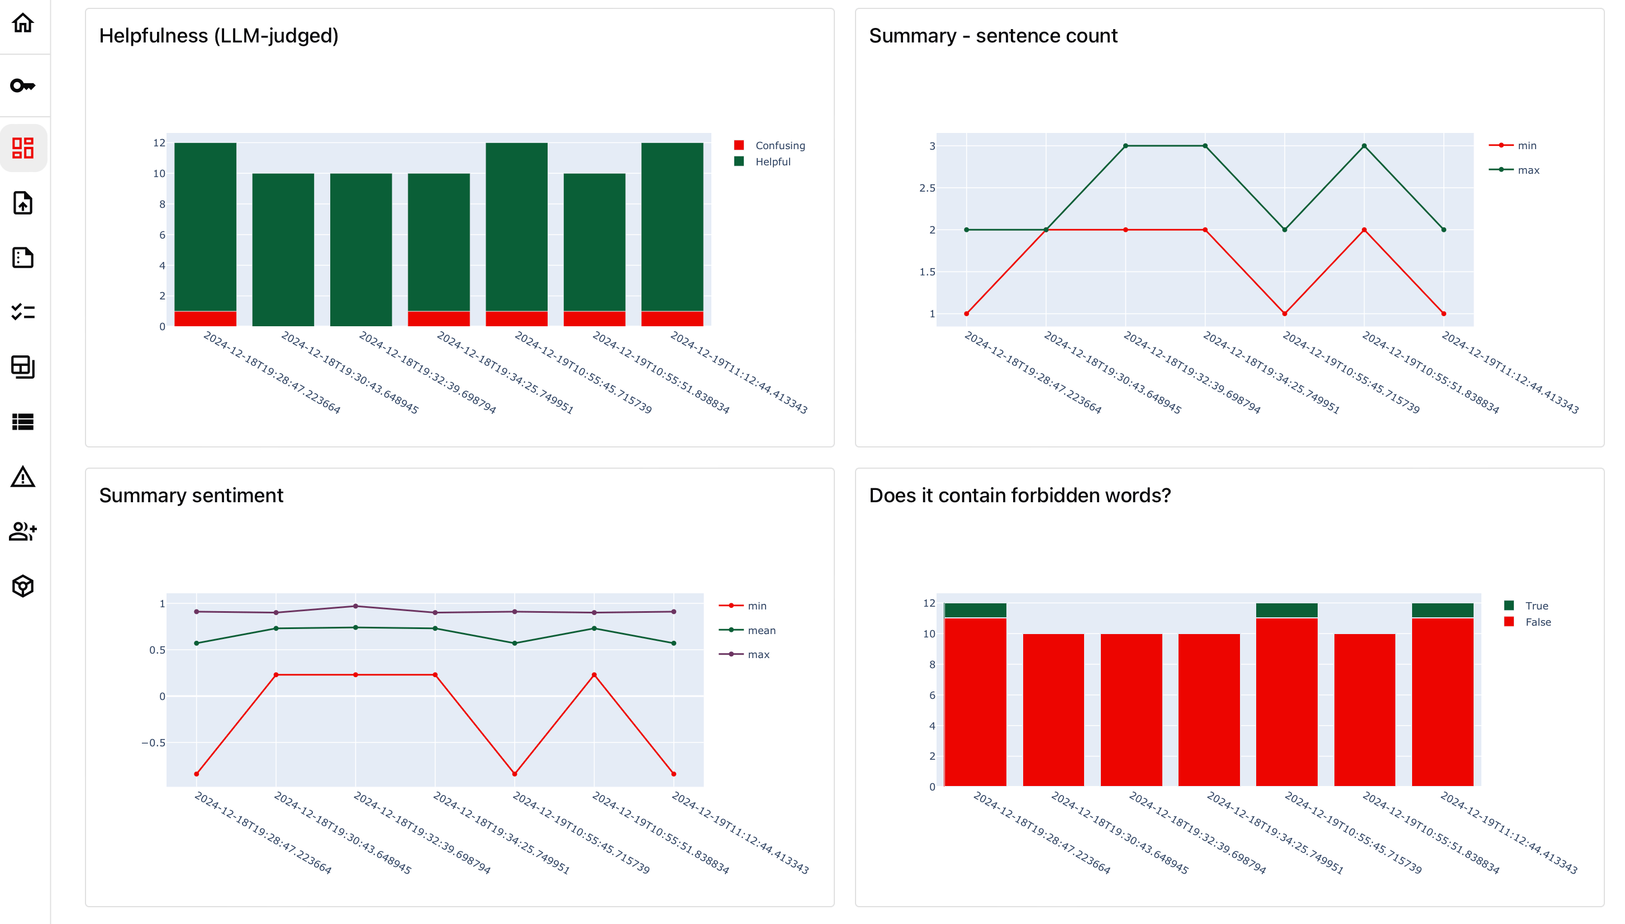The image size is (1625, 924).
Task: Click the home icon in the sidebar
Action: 23,23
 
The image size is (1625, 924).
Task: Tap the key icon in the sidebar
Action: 23,85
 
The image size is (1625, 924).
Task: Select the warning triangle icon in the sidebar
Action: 23,477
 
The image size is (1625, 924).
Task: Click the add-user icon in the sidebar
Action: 23,531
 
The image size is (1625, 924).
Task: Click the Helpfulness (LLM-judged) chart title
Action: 218,36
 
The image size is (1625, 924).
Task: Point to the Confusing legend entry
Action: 780,145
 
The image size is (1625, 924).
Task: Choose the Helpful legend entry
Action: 772,162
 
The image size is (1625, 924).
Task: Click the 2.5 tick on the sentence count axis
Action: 926,188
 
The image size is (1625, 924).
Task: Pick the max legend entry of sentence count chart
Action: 1528,170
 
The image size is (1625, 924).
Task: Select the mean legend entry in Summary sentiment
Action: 761,630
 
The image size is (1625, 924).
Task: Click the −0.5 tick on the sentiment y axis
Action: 154,742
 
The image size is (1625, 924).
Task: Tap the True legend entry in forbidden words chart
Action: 1536,606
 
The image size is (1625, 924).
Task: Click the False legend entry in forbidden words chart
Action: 1537,622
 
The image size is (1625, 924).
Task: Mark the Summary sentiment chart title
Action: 191,495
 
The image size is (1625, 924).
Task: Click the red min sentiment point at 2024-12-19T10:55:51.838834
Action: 594,675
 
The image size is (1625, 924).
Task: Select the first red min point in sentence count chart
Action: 966,313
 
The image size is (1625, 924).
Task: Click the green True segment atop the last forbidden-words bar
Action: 1442,610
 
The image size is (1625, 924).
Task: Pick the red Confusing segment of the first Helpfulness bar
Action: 205,318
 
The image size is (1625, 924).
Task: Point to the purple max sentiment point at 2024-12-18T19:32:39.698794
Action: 355,606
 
